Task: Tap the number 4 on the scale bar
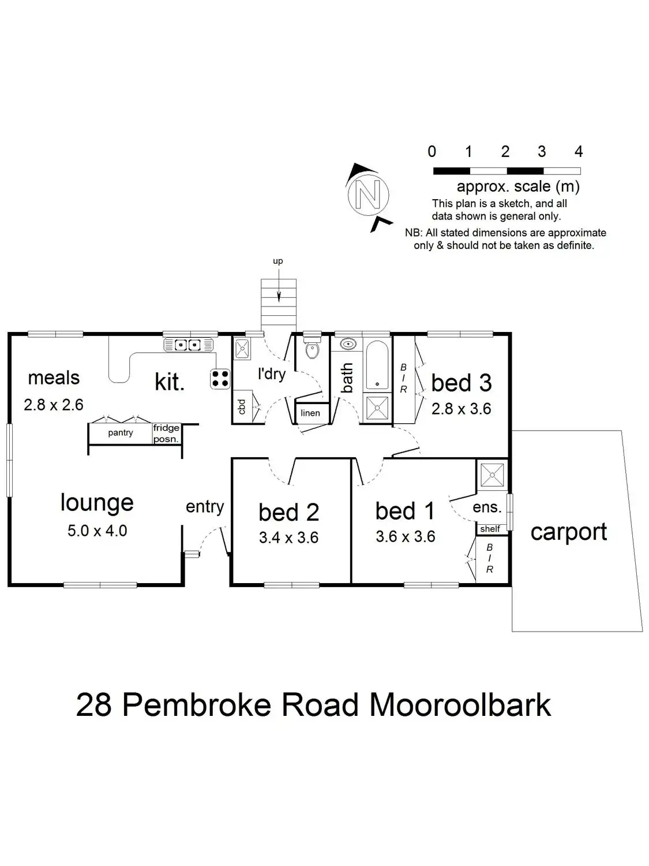(579, 152)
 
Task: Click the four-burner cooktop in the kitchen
(220, 378)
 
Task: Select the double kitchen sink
(188, 345)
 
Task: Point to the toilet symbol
(312, 349)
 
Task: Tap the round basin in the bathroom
(348, 345)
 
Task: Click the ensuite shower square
(492, 475)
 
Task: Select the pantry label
(121, 432)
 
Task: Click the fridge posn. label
(166, 434)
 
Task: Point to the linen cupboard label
(310, 413)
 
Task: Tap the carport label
(569, 532)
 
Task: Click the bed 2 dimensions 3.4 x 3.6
(288, 538)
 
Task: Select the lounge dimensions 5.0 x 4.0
(97, 531)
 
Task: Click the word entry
(205, 507)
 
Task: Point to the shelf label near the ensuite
(490, 529)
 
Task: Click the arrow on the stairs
(279, 296)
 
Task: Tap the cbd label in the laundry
(242, 406)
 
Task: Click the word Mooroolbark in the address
(460, 705)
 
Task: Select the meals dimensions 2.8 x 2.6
(54, 405)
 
